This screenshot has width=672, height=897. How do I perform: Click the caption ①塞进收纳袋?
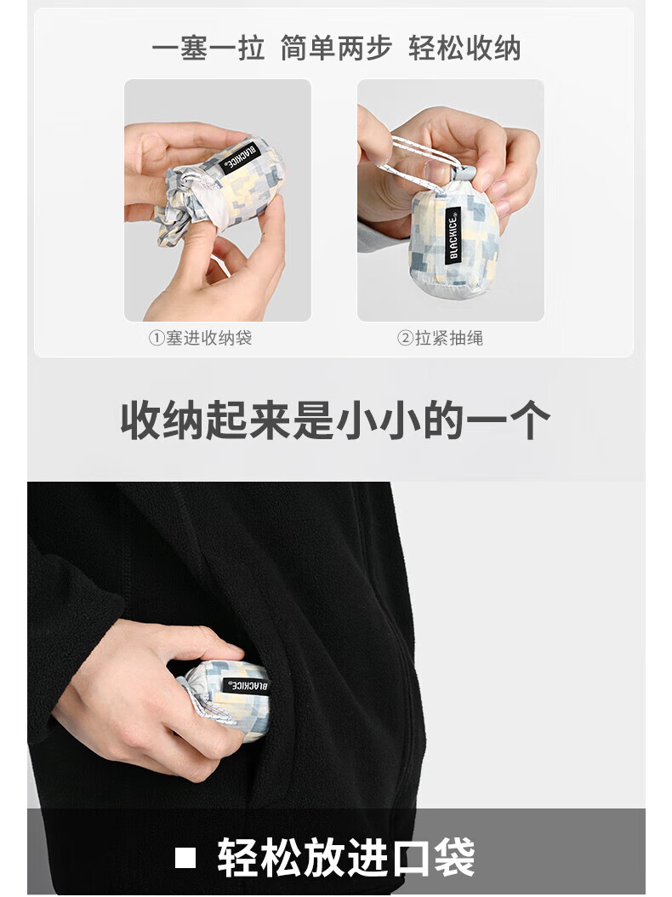tap(200, 338)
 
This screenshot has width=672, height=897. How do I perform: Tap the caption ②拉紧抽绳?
tap(440, 338)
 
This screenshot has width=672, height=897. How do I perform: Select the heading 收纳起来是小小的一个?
tap(335, 420)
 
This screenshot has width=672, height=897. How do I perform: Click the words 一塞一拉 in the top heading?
tap(208, 48)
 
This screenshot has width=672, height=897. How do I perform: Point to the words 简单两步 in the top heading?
tap(336, 48)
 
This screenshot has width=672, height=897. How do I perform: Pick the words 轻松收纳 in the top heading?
tap(464, 48)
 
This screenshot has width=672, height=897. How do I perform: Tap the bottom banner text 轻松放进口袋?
tap(346, 856)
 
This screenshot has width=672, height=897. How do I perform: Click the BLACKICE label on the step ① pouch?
tap(240, 159)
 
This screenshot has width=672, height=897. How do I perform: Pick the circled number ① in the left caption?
tap(157, 338)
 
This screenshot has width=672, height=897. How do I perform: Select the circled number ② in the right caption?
tap(405, 338)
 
